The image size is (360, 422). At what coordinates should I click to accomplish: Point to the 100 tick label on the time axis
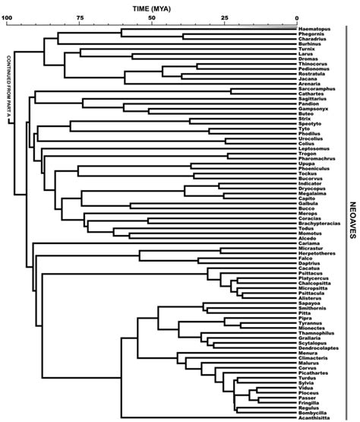pyautogui.click(x=8, y=17)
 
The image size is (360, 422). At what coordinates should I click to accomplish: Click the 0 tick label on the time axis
pyautogui.click(x=295, y=17)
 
